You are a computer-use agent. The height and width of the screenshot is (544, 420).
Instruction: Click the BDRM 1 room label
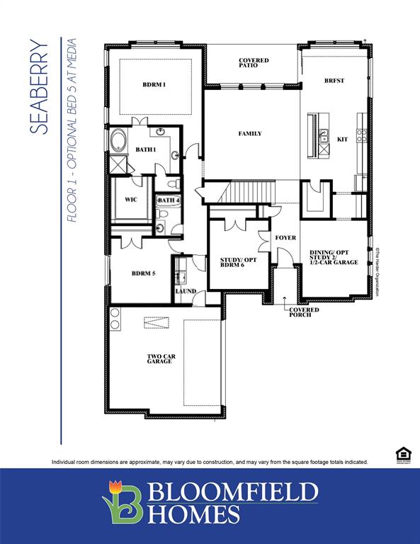(x=154, y=85)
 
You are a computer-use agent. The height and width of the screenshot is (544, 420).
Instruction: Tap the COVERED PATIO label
(x=254, y=63)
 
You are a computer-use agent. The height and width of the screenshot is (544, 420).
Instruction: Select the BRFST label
(x=334, y=81)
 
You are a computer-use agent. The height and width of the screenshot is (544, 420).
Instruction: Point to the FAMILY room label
(x=249, y=133)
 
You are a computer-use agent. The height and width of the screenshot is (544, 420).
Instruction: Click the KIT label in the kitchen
(x=342, y=140)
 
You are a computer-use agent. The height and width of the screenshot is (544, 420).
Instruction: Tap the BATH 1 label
(x=146, y=149)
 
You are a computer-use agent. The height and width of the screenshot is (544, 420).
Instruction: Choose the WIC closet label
(x=131, y=200)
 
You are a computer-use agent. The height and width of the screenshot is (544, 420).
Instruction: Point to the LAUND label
(x=186, y=291)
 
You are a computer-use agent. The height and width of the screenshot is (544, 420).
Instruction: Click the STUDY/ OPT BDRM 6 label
(x=239, y=262)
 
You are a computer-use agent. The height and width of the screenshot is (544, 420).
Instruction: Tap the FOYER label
(x=285, y=237)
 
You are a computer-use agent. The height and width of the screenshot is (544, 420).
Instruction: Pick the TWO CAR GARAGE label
(x=159, y=358)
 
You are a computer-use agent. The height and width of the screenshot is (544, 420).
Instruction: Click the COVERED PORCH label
(x=303, y=312)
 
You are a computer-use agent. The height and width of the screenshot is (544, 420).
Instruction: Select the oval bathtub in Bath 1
(x=117, y=140)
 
